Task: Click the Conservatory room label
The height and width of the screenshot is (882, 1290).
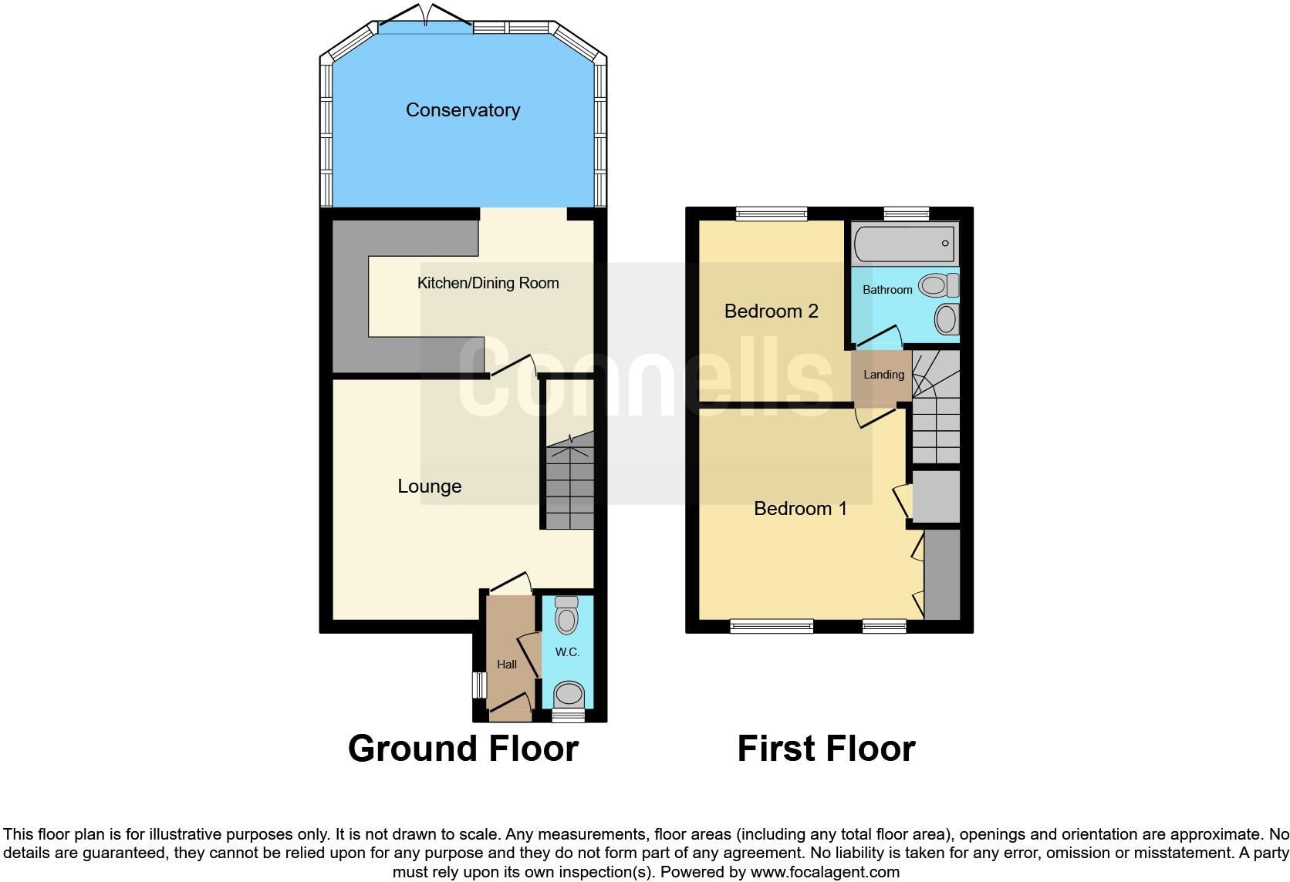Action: pyautogui.click(x=462, y=110)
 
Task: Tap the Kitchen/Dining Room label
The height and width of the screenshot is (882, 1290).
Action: pyautogui.click(x=488, y=283)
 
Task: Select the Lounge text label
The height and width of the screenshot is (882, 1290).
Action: pyautogui.click(x=429, y=486)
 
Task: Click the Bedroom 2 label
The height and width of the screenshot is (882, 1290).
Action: pyautogui.click(x=771, y=311)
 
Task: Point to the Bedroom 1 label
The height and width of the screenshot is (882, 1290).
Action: pyautogui.click(x=800, y=509)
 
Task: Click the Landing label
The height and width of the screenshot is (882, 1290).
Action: pyautogui.click(x=883, y=375)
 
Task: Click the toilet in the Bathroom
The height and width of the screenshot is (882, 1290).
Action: pyautogui.click(x=938, y=286)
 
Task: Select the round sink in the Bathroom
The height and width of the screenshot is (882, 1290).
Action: pyautogui.click(x=946, y=318)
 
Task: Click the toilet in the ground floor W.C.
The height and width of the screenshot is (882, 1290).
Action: pyautogui.click(x=567, y=616)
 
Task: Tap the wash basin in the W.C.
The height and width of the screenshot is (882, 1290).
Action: pyautogui.click(x=569, y=694)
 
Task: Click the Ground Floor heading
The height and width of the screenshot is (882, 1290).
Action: pyautogui.click(x=463, y=749)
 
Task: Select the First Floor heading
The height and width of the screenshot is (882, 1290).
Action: pyautogui.click(x=826, y=749)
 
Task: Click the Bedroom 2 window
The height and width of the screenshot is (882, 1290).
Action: pyautogui.click(x=771, y=214)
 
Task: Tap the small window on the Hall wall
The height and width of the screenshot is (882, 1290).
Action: pyautogui.click(x=480, y=685)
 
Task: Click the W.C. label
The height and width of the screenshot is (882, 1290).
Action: pyautogui.click(x=567, y=652)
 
